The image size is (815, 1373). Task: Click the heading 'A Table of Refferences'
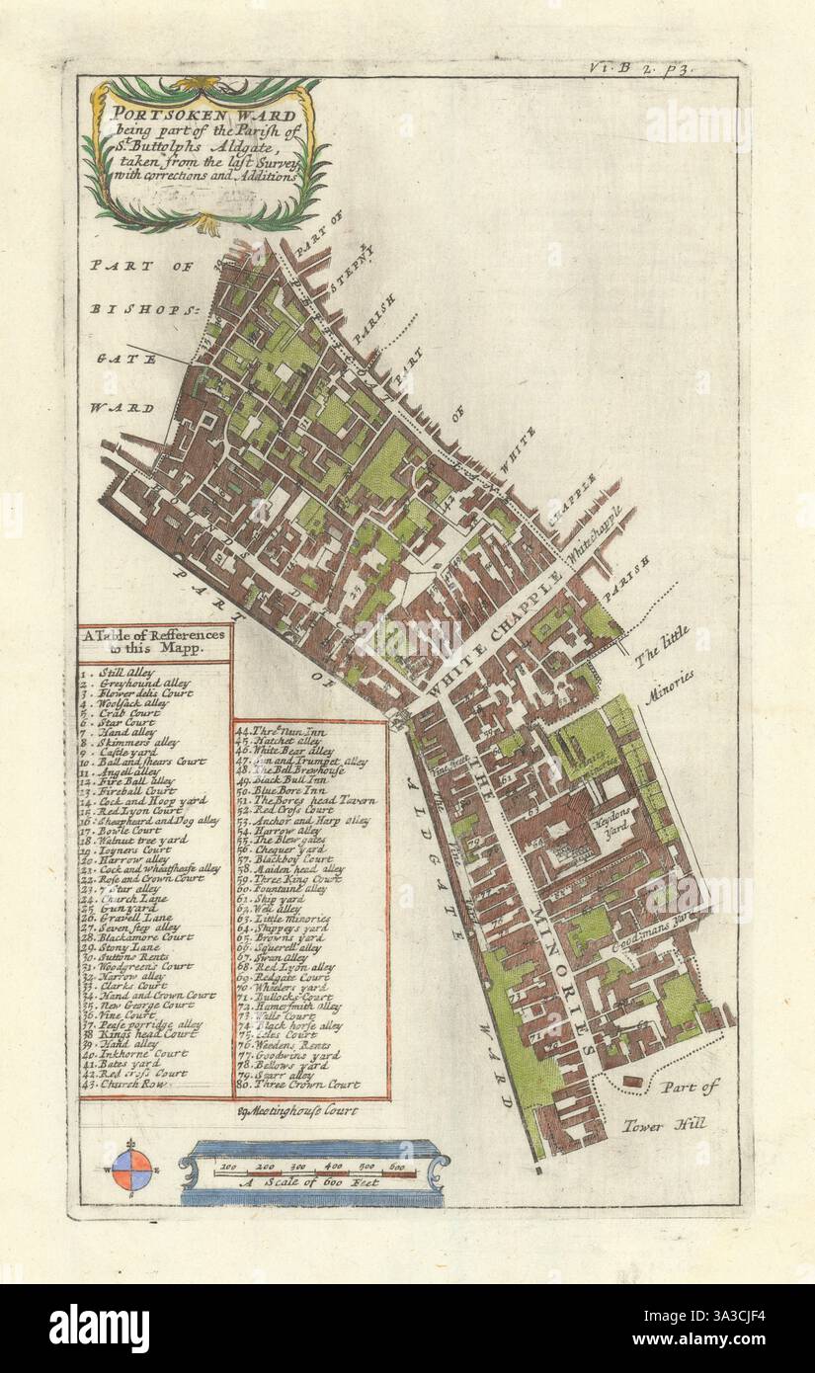pyautogui.click(x=155, y=637)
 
